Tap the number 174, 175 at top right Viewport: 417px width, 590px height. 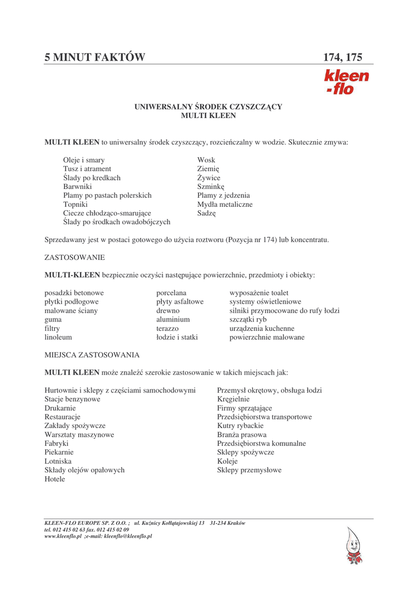tap(343, 58)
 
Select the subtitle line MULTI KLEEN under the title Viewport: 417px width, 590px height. tap(208, 116)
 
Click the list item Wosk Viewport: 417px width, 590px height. tap(206, 160)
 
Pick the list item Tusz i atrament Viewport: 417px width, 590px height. tap(87, 169)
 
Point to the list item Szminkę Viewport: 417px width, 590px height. tap(210, 187)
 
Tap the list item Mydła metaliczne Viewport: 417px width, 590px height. tap(225, 205)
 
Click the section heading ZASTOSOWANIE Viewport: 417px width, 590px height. tap(74, 258)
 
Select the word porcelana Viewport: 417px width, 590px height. tap(171, 293)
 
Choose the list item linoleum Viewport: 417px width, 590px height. tap(58, 337)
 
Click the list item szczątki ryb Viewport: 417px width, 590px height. tap(248, 319)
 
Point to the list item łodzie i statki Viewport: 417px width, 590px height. tap(177, 337)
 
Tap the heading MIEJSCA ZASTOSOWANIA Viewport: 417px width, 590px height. tap(92, 355)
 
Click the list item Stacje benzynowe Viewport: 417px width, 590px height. tap(73, 399)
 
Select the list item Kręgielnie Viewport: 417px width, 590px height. tap(233, 399)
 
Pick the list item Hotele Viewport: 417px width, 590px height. tap(55, 479)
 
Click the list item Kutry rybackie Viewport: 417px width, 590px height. tap(240, 426)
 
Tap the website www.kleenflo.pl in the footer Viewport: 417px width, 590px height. tap(63, 536)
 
